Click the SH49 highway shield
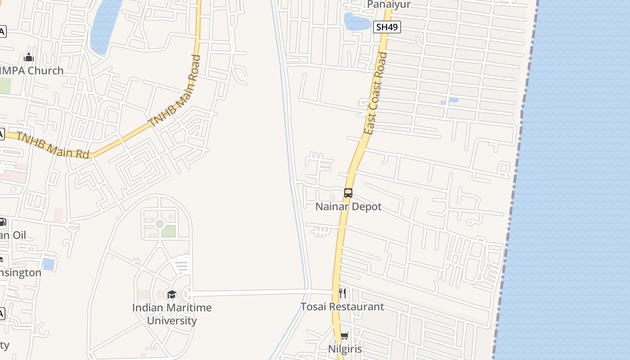[x=387, y=27]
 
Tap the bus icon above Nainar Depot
[x=348, y=193]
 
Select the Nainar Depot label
[x=348, y=207]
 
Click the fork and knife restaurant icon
[x=343, y=293]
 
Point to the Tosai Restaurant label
[x=342, y=307]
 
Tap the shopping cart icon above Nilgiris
[x=344, y=336]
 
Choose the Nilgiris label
[x=345, y=349]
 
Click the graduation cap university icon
[x=171, y=295]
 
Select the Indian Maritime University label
[x=172, y=314]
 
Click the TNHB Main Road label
[x=175, y=91]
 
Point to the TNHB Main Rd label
[x=53, y=145]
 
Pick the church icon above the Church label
[x=29, y=57]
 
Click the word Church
[x=46, y=71]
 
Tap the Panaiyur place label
[x=389, y=4]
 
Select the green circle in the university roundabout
[x=159, y=224]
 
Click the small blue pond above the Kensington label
[x=48, y=264]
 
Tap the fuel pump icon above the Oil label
[x=2, y=222]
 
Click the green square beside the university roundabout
[x=169, y=231]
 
